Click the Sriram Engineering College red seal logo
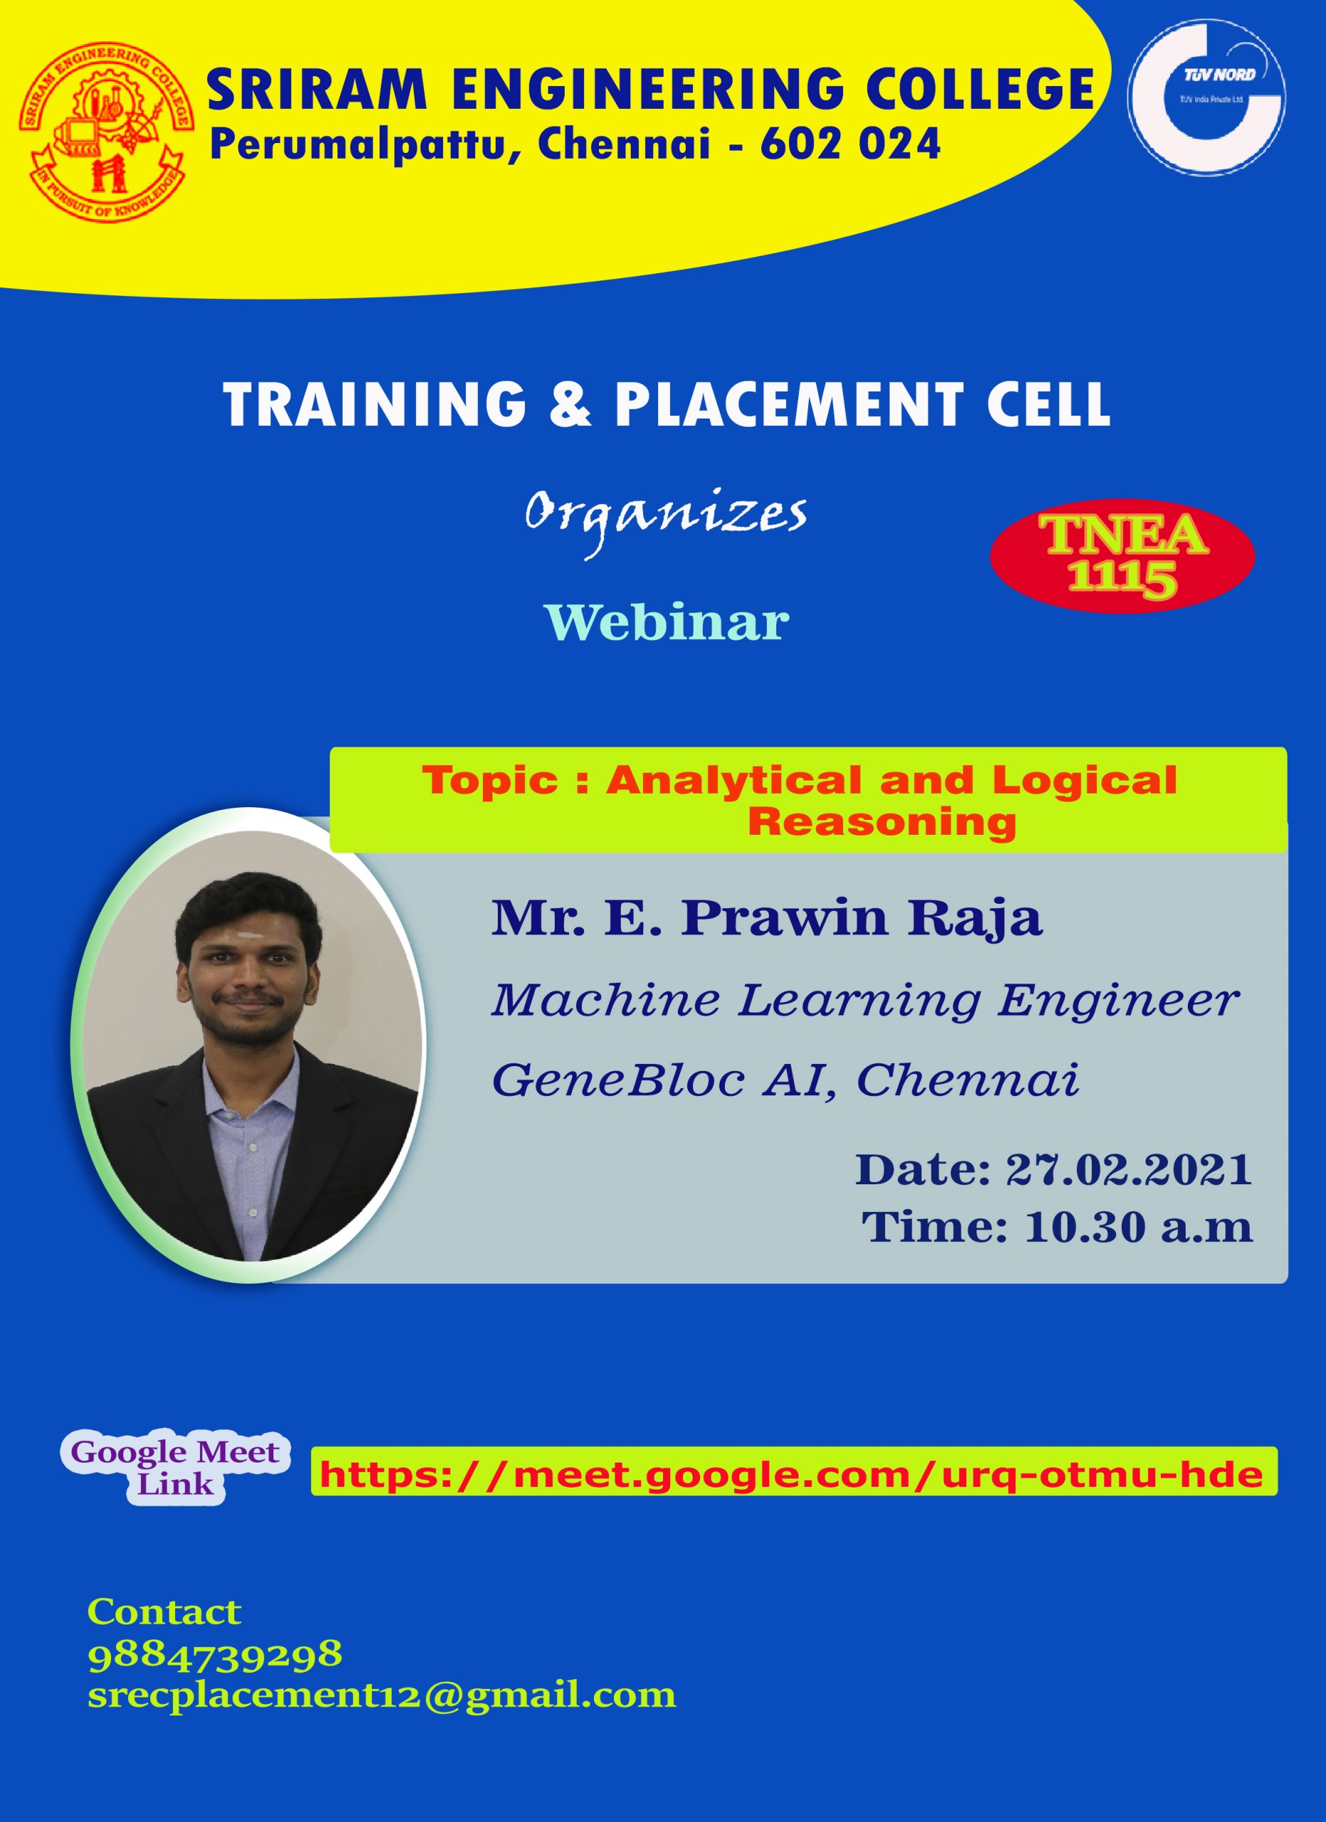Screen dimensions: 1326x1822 pos(106,132)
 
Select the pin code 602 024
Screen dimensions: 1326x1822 pos(850,144)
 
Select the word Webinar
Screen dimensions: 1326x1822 pos(667,623)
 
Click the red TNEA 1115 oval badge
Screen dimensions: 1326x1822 pos(1122,557)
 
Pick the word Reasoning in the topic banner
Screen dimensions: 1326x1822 pos(882,822)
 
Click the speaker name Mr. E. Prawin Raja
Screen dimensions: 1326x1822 pos(767,918)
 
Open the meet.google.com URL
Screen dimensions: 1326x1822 pos(793,1475)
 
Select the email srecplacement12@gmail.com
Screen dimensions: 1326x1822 pos(382,1696)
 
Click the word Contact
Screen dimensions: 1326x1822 pos(164,1612)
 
